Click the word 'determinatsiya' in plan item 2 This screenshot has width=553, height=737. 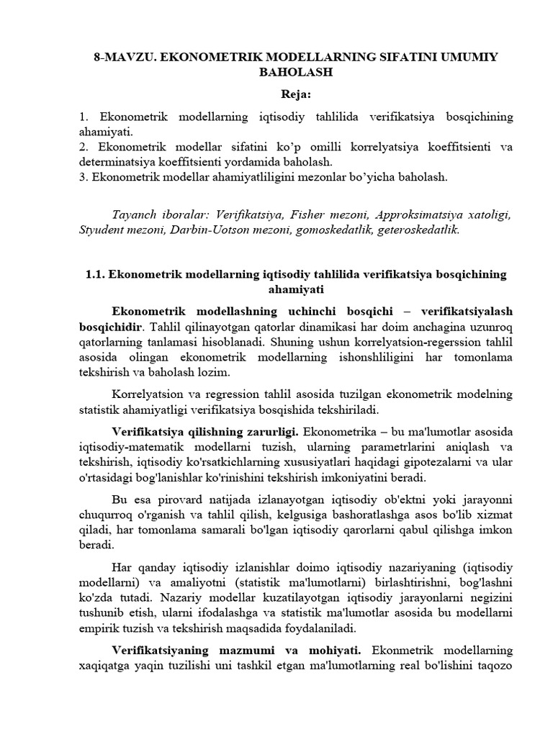pyautogui.click(x=116, y=162)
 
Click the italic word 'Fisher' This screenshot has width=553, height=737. pyautogui.click(x=307, y=214)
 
